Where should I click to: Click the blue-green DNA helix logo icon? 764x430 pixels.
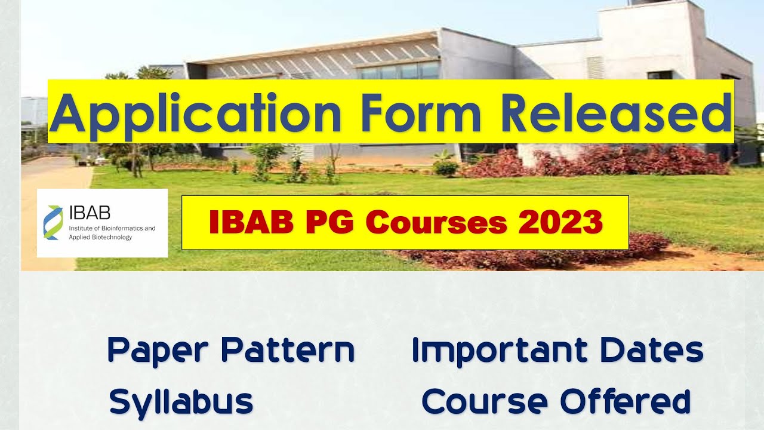[x=53, y=223]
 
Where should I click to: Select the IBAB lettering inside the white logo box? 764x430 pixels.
[x=90, y=213]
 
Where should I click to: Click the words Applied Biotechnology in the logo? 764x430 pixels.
[x=100, y=237]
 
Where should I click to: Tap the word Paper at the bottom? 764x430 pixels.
[x=159, y=351]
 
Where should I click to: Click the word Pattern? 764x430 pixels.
[x=288, y=351]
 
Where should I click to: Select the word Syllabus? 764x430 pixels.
[x=181, y=402]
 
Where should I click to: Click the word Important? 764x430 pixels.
[x=500, y=351]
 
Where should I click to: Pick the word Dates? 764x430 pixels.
[x=651, y=351]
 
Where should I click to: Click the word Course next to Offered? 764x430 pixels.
[x=484, y=401]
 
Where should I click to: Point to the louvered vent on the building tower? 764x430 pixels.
[x=596, y=67]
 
